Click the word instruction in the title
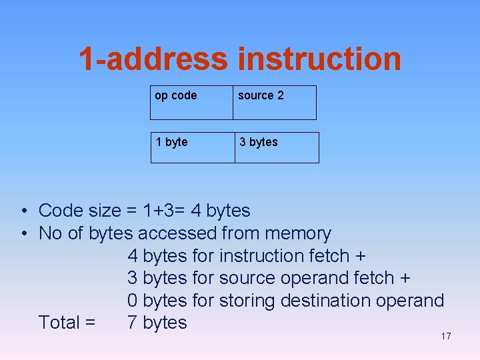[319, 59]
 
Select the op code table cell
[191, 102]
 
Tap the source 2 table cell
[274, 102]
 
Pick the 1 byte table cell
[192, 147]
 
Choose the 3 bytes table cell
[276, 147]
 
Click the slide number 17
[446, 336]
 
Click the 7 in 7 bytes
[132, 323]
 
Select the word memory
[297, 233]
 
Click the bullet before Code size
[23, 211]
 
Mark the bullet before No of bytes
[23, 233]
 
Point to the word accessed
[177, 233]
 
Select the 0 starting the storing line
[132, 301]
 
